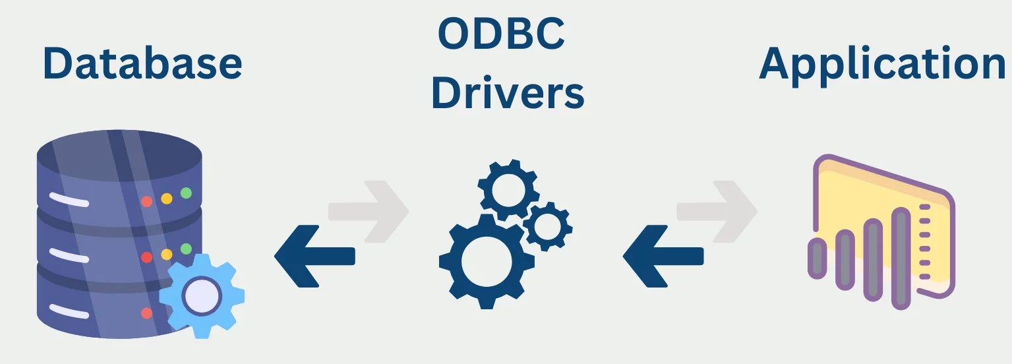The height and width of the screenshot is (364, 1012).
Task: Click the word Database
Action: [x=142, y=63]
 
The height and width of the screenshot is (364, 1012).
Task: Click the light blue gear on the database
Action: [x=202, y=295]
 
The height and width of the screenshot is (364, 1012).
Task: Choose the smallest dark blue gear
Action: [x=547, y=227]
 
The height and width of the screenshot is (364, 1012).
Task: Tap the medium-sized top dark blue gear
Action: [x=508, y=191]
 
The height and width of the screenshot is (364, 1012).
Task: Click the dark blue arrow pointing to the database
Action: [x=314, y=256]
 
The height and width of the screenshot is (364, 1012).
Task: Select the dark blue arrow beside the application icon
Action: [x=663, y=256]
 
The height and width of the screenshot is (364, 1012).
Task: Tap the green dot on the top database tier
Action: [x=186, y=193]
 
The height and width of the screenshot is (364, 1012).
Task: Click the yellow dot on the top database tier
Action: [x=167, y=198]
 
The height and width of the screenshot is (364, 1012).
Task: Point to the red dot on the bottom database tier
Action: [x=147, y=313]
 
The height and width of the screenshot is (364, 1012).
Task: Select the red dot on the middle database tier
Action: [x=147, y=257]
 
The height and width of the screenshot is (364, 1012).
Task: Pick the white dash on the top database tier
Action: [x=68, y=197]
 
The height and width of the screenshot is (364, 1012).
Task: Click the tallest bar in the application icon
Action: [x=901, y=257]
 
